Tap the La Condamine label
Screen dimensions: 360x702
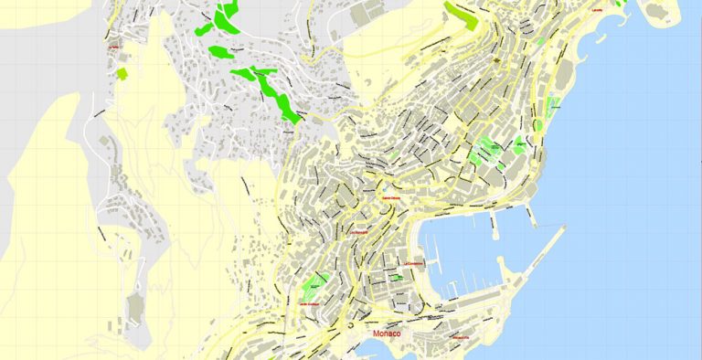pyautogui.click(x=414, y=266)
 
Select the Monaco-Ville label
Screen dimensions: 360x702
pyautogui.click(x=460, y=340)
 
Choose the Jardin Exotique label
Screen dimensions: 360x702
pyautogui.click(x=311, y=303)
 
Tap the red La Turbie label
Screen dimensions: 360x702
pyautogui.click(x=114, y=45)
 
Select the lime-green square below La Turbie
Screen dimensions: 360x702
pyautogui.click(x=122, y=71)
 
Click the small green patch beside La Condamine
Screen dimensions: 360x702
pyautogui.click(x=398, y=278)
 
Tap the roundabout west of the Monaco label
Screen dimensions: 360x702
pyautogui.click(x=348, y=324)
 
